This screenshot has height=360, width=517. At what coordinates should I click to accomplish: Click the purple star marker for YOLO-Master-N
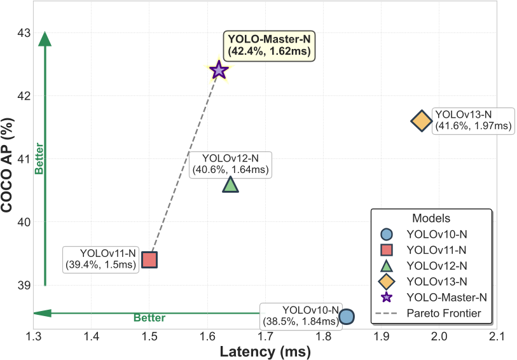coord(219,70)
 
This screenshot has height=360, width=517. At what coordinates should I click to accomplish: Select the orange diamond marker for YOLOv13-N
coord(421,120)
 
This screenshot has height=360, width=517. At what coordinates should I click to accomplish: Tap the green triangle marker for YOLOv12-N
coord(230,184)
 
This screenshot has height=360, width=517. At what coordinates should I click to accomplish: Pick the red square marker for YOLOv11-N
coord(149,260)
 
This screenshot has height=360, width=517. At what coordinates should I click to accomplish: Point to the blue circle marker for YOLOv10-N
coord(346,316)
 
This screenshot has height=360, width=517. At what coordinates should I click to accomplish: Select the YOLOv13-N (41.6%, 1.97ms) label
coord(472,120)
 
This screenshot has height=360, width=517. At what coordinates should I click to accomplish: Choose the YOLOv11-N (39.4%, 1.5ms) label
coord(100,259)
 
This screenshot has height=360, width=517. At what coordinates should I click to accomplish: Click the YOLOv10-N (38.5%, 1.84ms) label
coord(301,314)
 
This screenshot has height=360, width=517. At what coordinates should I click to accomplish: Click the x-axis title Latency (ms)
coord(265,351)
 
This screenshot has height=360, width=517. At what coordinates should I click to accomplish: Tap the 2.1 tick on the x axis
coord(496,336)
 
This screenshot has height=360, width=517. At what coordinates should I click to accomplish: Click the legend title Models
coord(431,217)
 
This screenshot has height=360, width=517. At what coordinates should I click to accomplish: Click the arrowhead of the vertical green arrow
coord(45,39)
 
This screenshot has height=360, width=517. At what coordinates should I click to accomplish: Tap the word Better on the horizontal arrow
coord(149,318)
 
